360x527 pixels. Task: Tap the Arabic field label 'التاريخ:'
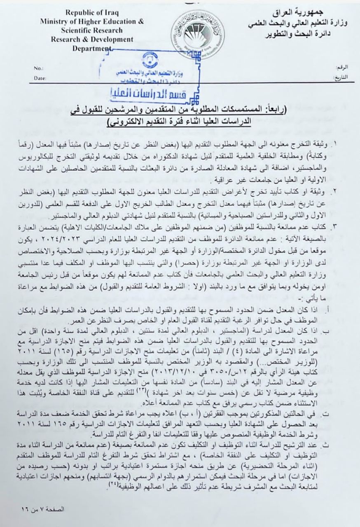click(x=340, y=77)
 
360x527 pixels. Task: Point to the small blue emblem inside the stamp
click(x=150, y=60)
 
